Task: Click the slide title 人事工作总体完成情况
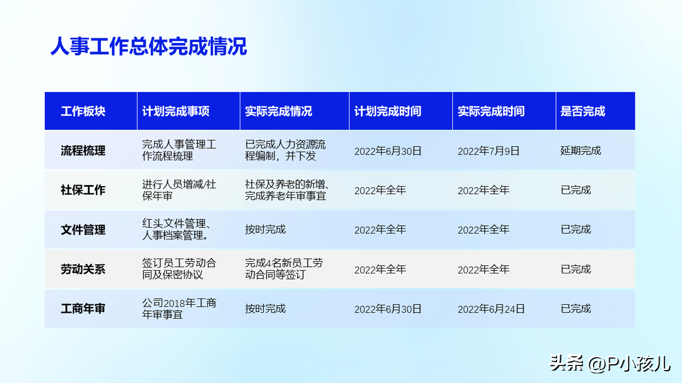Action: tap(148, 47)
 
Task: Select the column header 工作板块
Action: tap(83, 111)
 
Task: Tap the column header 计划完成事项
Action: tap(176, 111)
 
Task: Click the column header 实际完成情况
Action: tap(278, 111)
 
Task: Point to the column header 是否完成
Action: tap(583, 111)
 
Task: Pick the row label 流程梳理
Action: tap(83, 150)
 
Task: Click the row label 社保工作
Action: tap(83, 190)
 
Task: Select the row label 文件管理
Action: tap(83, 229)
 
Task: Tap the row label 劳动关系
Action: tap(83, 269)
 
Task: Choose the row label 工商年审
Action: tap(83, 309)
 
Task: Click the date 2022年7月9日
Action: tap(488, 151)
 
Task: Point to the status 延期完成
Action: tap(581, 150)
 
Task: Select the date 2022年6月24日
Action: tap(491, 309)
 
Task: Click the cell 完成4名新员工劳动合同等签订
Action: tap(284, 269)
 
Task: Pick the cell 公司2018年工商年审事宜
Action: tap(179, 309)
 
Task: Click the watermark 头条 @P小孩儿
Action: tap(610, 363)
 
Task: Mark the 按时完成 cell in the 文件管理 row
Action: tap(265, 229)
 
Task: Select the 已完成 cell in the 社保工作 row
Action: tap(575, 190)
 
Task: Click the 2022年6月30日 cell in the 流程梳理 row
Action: tap(388, 151)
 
